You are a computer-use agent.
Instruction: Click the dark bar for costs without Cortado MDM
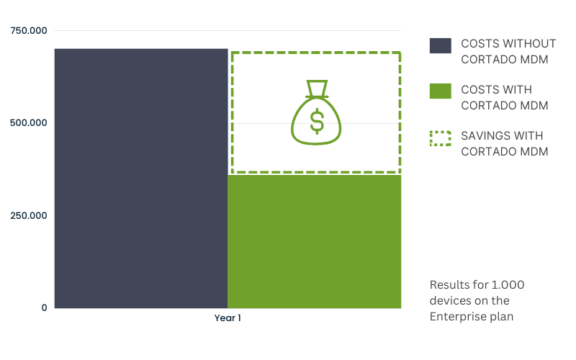(x=141, y=178)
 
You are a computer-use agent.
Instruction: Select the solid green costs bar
(x=315, y=241)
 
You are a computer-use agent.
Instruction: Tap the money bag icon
(x=316, y=112)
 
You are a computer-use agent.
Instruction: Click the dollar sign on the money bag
(x=317, y=121)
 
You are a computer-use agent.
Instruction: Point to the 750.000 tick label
(x=29, y=30)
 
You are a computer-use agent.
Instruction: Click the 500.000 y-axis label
(x=29, y=122)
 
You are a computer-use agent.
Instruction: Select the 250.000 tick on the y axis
(x=29, y=215)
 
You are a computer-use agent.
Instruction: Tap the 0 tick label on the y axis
(x=44, y=308)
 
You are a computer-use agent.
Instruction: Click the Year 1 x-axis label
(x=228, y=318)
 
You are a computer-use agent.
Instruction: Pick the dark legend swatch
(x=441, y=45)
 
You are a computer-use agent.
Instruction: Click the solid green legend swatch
(x=441, y=91)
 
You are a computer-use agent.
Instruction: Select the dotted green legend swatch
(x=441, y=138)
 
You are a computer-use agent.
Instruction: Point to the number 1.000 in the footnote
(x=508, y=284)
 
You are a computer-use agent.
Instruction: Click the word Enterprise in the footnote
(x=454, y=317)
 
